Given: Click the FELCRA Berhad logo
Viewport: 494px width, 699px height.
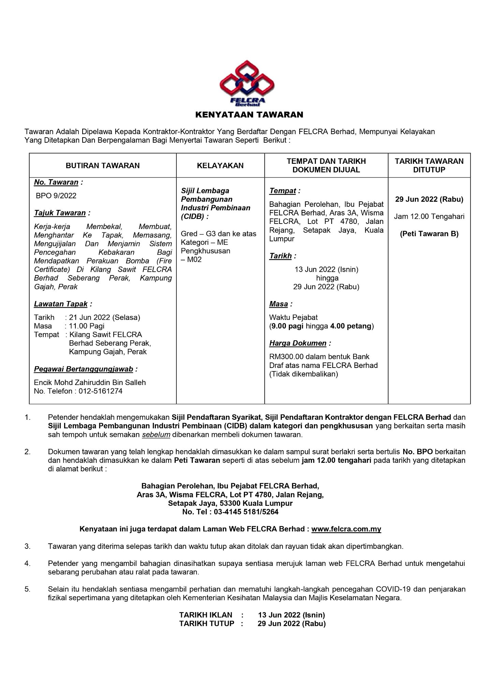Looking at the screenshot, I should click(x=247, y=83).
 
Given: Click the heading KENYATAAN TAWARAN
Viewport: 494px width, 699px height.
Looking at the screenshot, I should click(x=249, y=115).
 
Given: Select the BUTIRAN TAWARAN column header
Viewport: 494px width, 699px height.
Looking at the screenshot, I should click(x=103, y=166).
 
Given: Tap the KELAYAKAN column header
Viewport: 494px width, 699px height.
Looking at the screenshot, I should click(x=220, y=166).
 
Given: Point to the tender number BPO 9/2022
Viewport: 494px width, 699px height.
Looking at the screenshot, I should click(x=56, y=196).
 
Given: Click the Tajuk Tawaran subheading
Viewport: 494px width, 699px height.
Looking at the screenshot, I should click(x=60, y=213).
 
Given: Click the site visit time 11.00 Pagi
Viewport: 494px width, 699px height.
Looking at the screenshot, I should click(x=87, y=326).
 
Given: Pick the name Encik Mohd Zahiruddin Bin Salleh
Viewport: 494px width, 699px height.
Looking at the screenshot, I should click(x=90, y=383).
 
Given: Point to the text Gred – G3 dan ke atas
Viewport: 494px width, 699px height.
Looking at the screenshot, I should click(x=218, y=234).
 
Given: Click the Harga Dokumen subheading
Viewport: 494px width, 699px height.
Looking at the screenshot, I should click(x=298, y=343).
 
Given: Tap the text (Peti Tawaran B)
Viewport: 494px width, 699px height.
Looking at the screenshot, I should click(x=429, y=234).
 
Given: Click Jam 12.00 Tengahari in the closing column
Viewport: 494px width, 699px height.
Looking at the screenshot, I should click(x=429, y=216).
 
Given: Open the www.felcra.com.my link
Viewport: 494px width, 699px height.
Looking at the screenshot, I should click(x=346, y=529).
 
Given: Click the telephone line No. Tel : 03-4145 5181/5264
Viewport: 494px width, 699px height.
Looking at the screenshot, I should click(x=230, y=512).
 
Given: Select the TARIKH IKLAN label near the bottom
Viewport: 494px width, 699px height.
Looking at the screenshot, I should click(x=206, y=615).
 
